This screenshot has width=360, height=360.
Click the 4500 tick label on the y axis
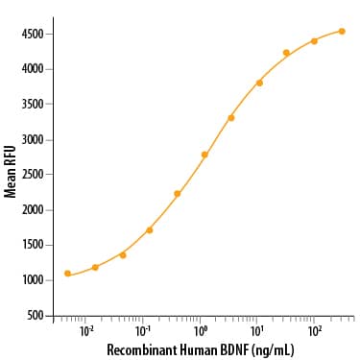33,34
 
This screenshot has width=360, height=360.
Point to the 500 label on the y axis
35,316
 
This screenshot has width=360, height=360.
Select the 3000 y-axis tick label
33,140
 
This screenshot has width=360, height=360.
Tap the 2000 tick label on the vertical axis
33,210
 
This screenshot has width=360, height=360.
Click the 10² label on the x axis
315,331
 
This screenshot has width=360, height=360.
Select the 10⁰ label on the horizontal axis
201,331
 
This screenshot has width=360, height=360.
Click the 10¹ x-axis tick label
257,331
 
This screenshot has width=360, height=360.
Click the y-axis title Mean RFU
11,171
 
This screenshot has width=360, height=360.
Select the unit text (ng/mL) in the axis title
273,350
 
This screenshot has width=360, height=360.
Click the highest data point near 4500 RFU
342,31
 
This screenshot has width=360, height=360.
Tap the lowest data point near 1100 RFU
67,274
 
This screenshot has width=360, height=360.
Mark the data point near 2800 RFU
204,155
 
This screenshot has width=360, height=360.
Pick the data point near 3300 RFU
231,118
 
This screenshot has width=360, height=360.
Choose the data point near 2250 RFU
178,194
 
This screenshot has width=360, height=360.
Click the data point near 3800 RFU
259,84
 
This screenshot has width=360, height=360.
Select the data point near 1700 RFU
149,230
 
